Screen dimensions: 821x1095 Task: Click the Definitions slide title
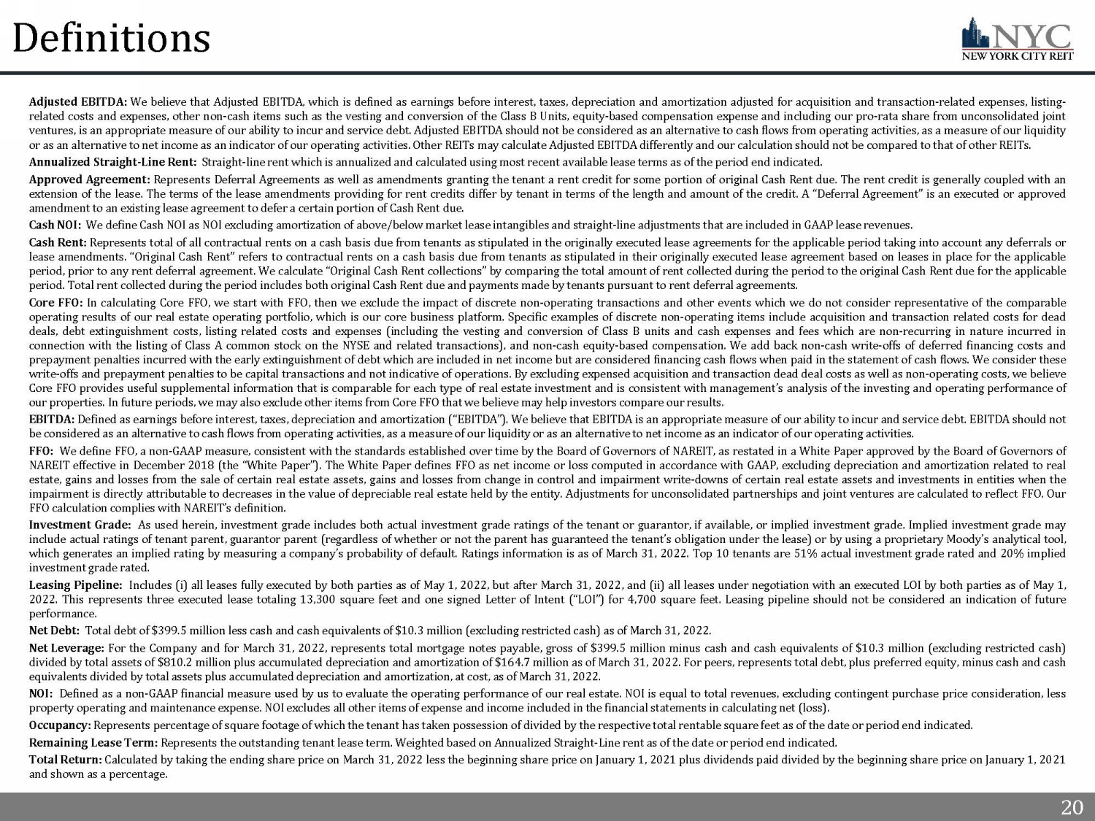[x=112, y=38]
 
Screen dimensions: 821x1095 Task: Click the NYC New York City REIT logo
[x=1018, y=40]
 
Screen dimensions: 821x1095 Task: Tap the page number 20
[x=1071, y=807]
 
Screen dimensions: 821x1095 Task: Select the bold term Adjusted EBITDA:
[x=78, y=101]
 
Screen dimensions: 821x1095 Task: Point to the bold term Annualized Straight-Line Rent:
[x=112, y=162]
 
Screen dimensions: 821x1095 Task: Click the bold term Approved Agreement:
[x=89, y=180]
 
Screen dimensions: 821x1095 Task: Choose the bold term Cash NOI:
[x=55, y=225]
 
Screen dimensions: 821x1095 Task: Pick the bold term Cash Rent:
[x=58, y=242]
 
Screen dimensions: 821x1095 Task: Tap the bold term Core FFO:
[x=56, y=303]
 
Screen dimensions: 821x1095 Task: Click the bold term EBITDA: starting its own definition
[x=51, y=420]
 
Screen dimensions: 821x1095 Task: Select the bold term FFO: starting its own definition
[x=42, y=451]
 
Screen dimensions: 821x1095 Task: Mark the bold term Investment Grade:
[x=80, y=525]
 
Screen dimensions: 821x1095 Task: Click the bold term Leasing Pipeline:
[x=75, y=585]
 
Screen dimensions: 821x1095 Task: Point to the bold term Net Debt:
[x=54, y=631]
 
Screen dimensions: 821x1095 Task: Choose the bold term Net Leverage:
[x=66, y=648]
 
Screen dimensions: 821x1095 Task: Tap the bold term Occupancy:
[x=60, y=725]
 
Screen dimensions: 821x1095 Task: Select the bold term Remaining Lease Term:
[x=93, y=743]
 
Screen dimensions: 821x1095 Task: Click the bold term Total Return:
[x=66, y=760]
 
